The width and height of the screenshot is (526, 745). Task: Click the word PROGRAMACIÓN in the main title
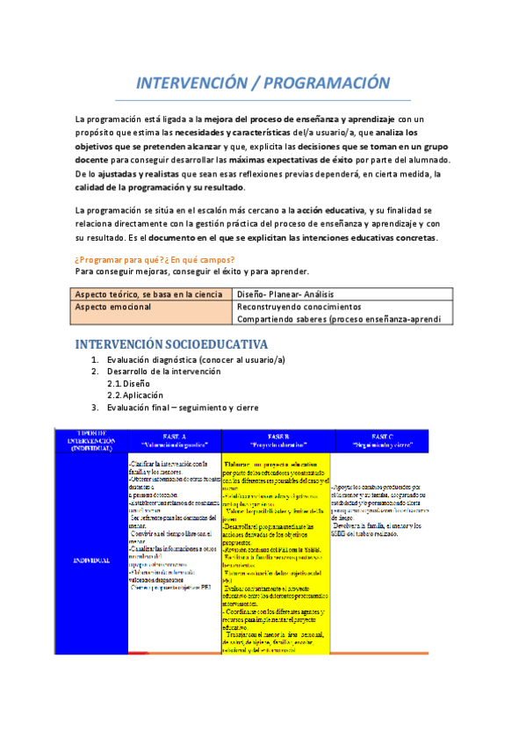tap(329, 83)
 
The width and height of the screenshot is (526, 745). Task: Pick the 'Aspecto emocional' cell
tap(113, 307)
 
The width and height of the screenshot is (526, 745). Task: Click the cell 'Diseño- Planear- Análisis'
tap(293, 293)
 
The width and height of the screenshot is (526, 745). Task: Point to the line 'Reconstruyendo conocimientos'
tap(299, 307)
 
